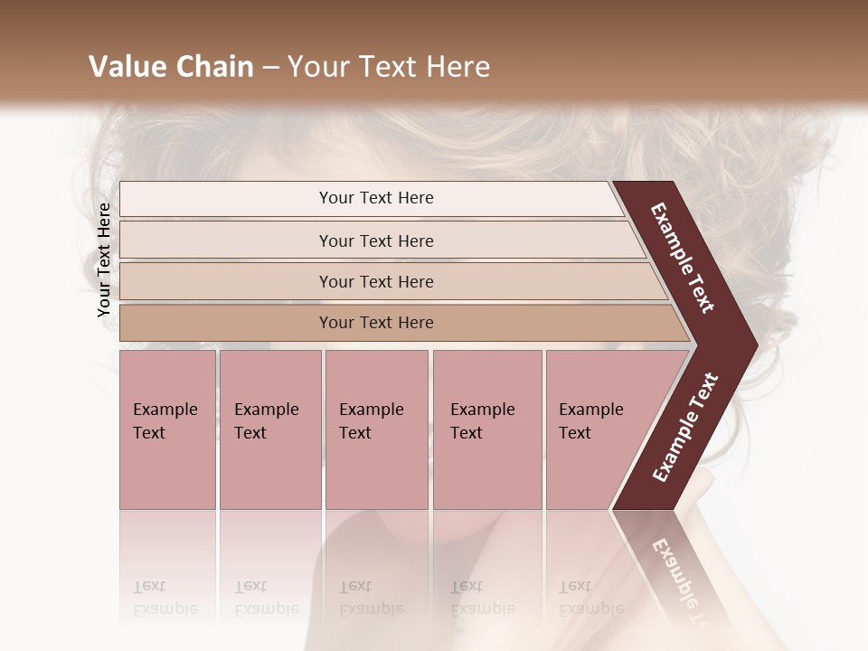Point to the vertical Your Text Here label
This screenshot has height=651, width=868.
point(104,259)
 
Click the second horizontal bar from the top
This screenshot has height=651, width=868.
point(375,241)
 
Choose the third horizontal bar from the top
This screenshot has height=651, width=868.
point(375,281)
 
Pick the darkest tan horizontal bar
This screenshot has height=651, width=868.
point(375,323)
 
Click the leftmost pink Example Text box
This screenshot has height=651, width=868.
point(167,429)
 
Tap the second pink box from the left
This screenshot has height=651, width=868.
point(269,429)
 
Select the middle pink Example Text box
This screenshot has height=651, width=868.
point(376,429)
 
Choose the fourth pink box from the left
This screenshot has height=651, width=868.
point(486,429)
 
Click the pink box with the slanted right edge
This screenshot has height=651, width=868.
point(597,429)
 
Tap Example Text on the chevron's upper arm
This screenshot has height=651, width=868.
point(683,258)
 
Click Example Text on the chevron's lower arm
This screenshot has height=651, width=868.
point(684,428)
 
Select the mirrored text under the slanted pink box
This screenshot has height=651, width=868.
point(576,597)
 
